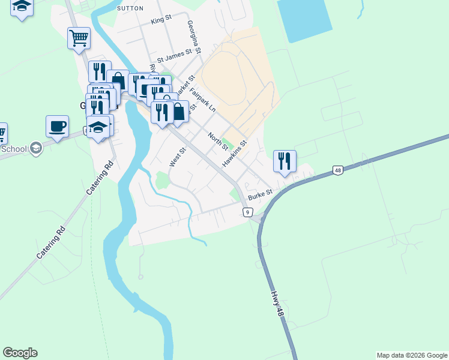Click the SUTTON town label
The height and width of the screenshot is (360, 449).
[x=131, y=8]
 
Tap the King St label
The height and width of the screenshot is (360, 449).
[x=161, y=20]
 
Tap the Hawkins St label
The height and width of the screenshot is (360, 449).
[x=234, y=154]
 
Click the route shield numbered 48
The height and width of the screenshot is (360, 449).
[x=339, y=170]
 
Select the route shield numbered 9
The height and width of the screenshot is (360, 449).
[x=247, y=212]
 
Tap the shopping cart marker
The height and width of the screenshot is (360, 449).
[x=79, y=38]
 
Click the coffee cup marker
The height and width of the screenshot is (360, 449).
[x=57, y=127]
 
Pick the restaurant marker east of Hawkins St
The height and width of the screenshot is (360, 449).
[x=285, y=161]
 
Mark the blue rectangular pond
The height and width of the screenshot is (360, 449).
[x=304, y=19]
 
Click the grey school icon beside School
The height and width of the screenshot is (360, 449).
[x=36, y=148]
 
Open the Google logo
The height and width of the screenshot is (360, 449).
[x=20, y=353]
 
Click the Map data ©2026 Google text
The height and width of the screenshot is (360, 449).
[x=411, y=355]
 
